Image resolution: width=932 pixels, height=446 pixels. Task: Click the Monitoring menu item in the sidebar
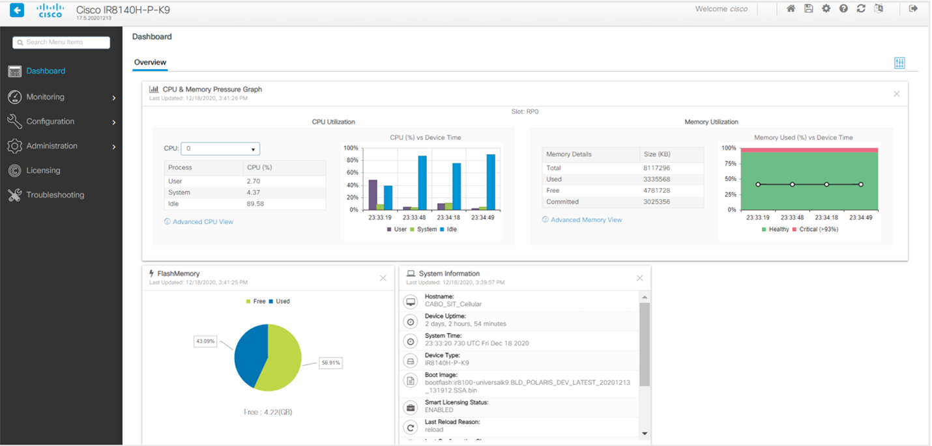point(45,97)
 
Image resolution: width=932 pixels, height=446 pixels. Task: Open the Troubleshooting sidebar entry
point(55,195)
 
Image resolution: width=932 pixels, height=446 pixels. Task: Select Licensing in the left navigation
point(43,171)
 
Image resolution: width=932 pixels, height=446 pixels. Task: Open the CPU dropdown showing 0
point(220,148)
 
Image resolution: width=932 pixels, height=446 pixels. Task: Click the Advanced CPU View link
point(203,222)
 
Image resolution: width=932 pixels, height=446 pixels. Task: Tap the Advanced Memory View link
point(586,220)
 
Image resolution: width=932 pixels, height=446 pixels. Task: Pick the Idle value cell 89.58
point(255,204)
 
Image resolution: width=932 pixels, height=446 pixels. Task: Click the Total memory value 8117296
point(656,168)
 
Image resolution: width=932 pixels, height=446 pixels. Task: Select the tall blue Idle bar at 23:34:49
point(491,182)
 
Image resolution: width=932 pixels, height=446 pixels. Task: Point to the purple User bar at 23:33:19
point(373,195)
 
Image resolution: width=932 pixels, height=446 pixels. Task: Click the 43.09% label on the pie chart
point(205,341)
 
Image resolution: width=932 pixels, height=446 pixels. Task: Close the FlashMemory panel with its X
point(383,278)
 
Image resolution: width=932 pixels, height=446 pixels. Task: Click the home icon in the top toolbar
point(791,8)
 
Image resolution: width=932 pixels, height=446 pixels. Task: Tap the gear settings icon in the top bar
point(826,8)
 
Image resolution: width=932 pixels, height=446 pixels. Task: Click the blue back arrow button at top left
point(17,10)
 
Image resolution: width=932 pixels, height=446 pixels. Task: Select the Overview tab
point(150,63)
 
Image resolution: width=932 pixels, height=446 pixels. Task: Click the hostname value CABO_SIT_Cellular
point(453,304)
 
